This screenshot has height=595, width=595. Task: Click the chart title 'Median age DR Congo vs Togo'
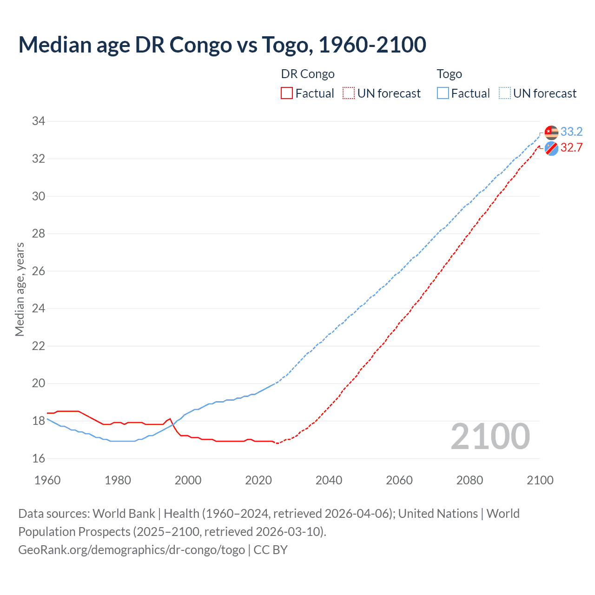click(222, 45)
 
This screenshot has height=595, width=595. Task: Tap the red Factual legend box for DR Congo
click(287, 93)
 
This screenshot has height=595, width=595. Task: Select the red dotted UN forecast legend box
click(349, 93)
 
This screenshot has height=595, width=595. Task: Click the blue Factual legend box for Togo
click(443, 93)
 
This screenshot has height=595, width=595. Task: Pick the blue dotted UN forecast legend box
click(505, 93)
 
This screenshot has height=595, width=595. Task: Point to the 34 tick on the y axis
click(39, 121)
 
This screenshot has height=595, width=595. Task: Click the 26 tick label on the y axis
click(39, 271)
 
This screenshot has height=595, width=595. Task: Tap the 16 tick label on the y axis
click(39, 458)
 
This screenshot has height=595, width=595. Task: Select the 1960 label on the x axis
click(47, 480)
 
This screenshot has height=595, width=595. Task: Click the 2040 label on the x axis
click(329, 480)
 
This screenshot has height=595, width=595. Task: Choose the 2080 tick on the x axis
click(469, 480)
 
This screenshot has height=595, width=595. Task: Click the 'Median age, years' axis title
click(20, 289)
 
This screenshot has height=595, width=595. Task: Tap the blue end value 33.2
click(571, 132)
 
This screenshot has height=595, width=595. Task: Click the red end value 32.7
click(571, 148)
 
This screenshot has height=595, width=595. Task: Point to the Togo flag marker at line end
click(551, 132)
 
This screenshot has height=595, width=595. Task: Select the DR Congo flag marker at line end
click(551, 149)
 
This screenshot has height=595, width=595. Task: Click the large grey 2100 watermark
click(490, 436)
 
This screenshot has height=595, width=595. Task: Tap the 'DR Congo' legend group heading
click(308, 74)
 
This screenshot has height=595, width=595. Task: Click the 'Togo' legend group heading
click(449, 74)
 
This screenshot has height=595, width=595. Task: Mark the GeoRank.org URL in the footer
click(132, 550)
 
